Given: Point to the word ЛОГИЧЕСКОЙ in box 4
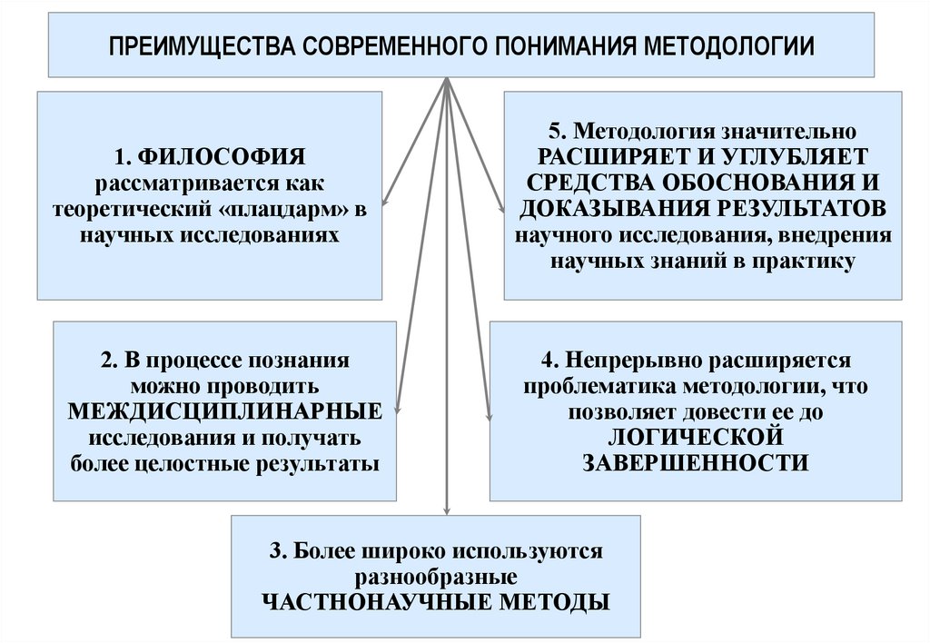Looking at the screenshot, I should point(695,437).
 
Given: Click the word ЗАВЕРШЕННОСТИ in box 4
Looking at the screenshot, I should point(695,462).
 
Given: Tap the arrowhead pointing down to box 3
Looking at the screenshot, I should point(446,509).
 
